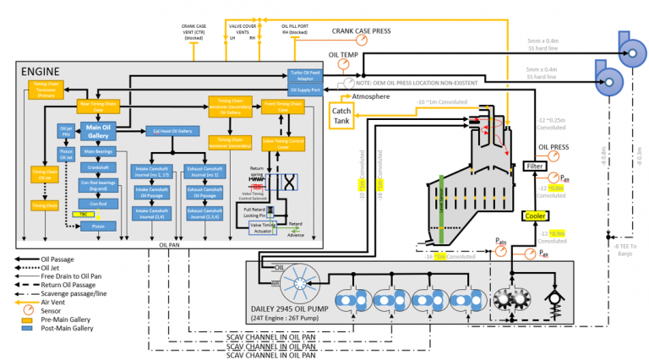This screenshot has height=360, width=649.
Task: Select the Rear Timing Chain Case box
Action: [x=98, y=105]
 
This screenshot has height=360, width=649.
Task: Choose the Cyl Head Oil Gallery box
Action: [x=170, y=131]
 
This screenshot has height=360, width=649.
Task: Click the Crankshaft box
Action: [x=98, y=167]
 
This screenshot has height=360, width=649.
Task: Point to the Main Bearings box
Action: [x=98, y=152]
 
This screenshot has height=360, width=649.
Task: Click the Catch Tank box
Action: [x=341, y=116]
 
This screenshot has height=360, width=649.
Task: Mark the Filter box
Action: [x=536, y=166]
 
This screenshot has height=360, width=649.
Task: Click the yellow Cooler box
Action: [x=536, y=215]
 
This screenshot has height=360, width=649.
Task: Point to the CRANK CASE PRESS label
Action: [x=361, y=31]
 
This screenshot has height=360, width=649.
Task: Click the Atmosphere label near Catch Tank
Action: [x=372, y=97]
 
